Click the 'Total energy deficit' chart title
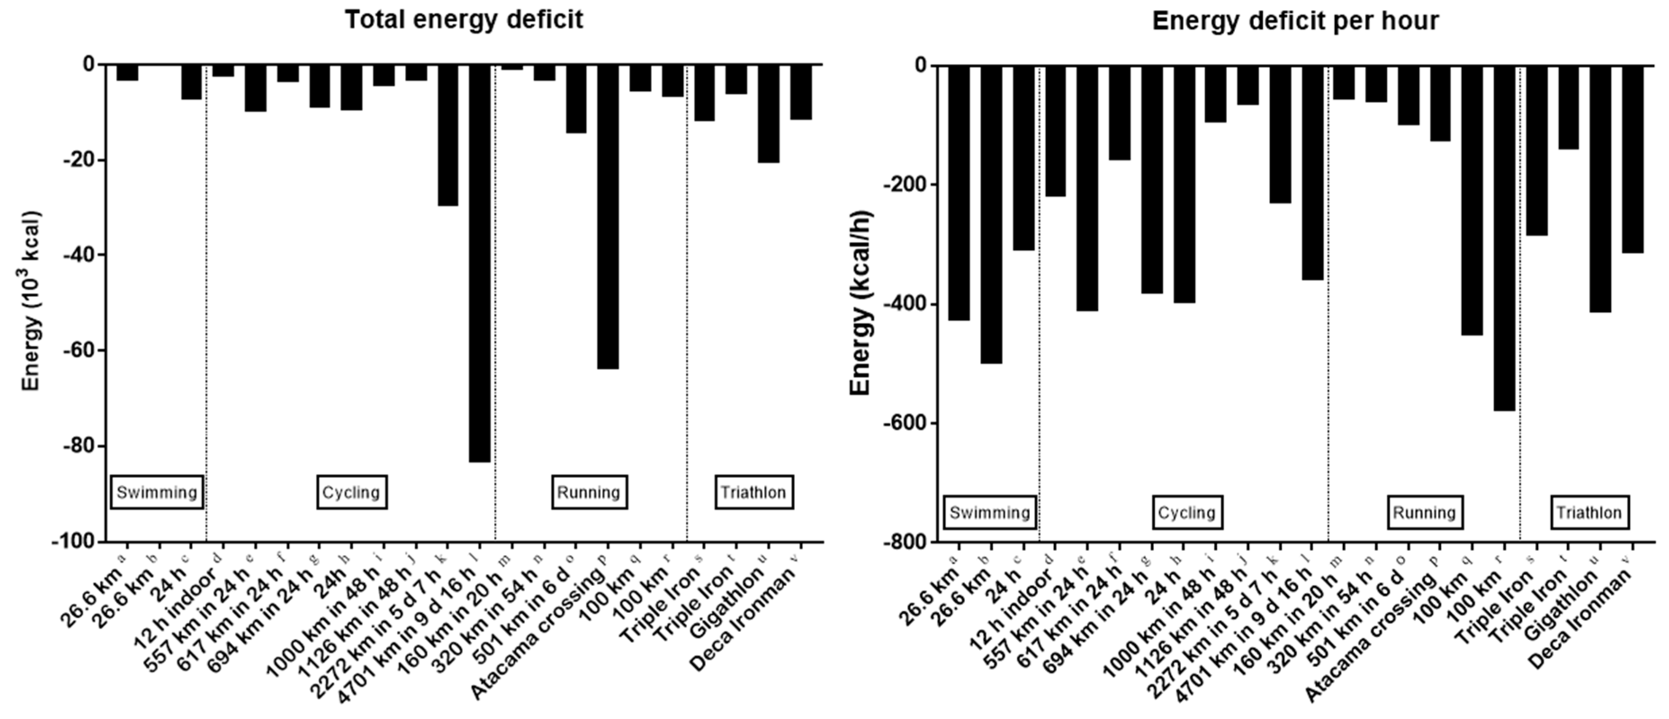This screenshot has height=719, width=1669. (x=463, y=19)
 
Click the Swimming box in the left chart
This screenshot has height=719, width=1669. (x=157, y=492)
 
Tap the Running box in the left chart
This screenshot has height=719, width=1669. (x=589, y=492)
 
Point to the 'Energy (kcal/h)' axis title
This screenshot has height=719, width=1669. (x=861, y=303)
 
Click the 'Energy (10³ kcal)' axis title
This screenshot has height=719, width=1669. (x=31, y=301)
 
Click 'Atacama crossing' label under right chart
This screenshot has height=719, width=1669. (x=1373, y=638)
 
